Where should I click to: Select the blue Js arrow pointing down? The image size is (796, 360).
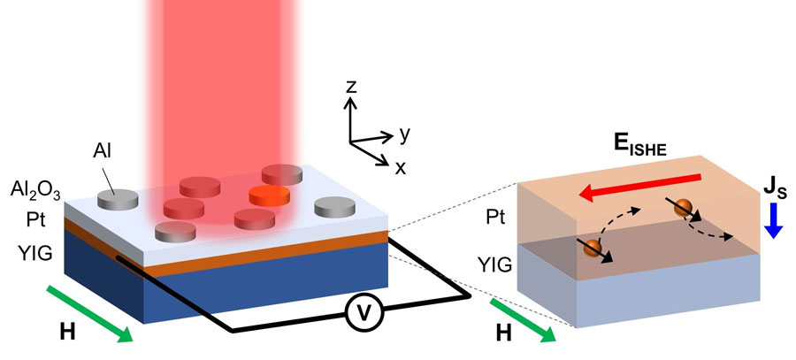(x=773, y=218)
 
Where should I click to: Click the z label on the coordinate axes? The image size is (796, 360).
(x=351, y=88)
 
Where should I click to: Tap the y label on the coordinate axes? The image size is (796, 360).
(x=404, y=134)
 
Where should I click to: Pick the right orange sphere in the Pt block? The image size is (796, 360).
(x=683, y=210)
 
